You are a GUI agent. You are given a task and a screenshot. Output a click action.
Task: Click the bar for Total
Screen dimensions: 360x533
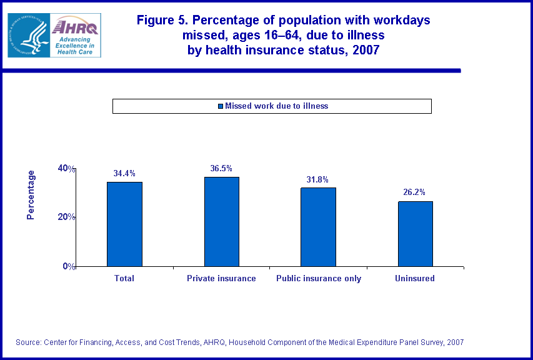click(124, 224)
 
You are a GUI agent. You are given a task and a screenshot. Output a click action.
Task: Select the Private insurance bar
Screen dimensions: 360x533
click(221, 221)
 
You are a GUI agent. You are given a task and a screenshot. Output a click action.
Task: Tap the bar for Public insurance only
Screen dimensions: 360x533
click(319, 227)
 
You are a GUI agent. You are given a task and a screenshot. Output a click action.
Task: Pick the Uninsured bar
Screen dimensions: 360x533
click(415, 234)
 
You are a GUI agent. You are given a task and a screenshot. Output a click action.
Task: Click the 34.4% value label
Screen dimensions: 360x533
click(124, 173)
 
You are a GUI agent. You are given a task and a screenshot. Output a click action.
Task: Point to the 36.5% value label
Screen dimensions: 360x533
click(221, 168)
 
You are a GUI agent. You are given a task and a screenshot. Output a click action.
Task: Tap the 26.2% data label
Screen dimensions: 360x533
click(415, 192)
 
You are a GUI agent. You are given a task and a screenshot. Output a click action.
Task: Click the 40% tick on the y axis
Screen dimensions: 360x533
click(67, 168)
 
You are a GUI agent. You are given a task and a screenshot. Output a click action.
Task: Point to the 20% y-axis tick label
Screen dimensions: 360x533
click(67, 217)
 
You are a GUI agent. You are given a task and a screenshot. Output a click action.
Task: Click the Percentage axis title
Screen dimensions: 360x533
click(31, 195)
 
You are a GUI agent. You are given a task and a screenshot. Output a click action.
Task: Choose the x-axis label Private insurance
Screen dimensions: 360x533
click(221, 278)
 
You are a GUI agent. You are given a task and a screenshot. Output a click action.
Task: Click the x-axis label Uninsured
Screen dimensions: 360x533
click(415, 278)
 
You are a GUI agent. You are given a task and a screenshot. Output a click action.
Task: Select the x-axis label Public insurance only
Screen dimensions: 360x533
click(319, 278)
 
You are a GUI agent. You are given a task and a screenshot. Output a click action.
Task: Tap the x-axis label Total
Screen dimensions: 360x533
click(124, 278)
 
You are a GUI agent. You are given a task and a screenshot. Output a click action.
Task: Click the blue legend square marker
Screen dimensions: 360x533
click(220, 106)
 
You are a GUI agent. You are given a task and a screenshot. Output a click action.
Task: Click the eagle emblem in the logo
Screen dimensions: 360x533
click(28, 35)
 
